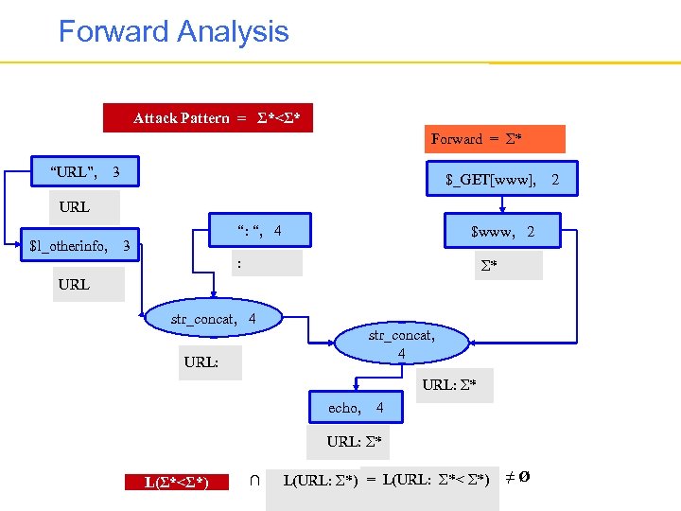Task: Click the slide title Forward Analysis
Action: pos(173,31)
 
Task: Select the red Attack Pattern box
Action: pos(208,117)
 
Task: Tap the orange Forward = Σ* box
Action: pos(496,139)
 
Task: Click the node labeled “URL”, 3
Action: pos(86,172)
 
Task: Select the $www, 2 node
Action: pos(502,231)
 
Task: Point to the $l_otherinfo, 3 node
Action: pos(81,247)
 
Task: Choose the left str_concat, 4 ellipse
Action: pos(214,320)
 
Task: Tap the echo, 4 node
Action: pos(355,408)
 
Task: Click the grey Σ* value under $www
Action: pos(508,265)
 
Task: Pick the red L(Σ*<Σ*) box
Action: pos(176,482)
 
